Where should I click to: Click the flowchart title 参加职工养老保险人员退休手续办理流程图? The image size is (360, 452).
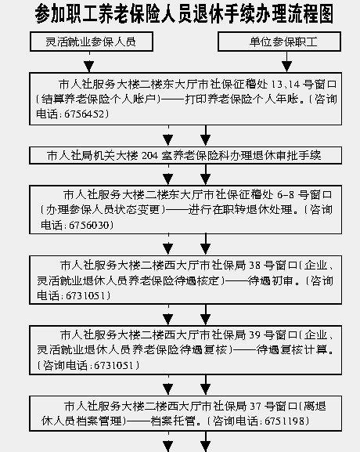[184, 13]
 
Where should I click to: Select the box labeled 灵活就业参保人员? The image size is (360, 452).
[92, 42]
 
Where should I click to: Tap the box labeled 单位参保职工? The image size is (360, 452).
[279, 42]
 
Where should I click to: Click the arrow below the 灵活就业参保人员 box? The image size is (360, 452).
[89, 62]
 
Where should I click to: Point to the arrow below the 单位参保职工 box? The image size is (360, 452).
[286, 62]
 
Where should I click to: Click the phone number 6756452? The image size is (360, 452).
[84, 114]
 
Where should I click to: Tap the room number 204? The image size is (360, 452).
[149, 156]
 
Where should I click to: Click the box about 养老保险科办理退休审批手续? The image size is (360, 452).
[185, 156]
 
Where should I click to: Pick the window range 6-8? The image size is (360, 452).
[286, 195]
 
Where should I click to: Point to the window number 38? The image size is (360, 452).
[254, 266]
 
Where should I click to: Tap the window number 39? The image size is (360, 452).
[254, 335]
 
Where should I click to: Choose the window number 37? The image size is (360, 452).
[255, 406]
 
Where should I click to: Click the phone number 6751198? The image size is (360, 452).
[284, 421]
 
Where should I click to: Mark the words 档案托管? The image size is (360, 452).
[173, 421]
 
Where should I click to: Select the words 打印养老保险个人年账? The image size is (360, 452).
[242, 99]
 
